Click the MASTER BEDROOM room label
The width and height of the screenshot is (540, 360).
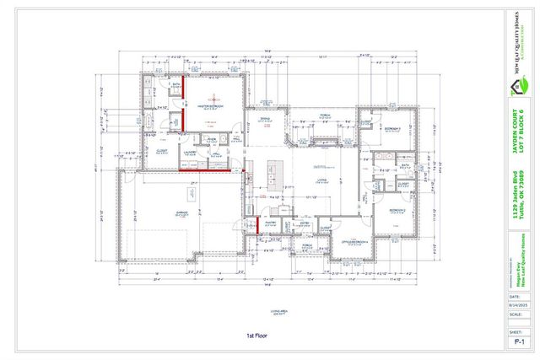(212, 107)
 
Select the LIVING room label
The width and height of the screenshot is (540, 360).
(321, 179)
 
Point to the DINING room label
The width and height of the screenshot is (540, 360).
(264, 119)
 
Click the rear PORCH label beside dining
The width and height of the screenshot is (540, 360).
(324, 116)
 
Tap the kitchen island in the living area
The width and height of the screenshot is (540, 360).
(277, 172)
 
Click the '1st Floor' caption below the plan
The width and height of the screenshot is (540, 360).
(256, 335)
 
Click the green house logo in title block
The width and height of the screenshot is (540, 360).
(521, 85)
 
